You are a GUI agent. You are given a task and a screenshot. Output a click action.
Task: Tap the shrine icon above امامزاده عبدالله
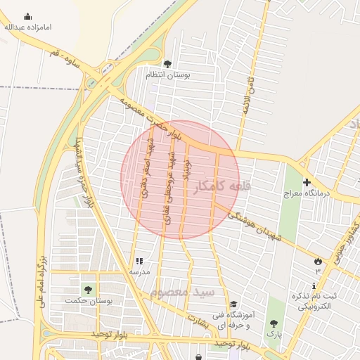[x=27, y=16]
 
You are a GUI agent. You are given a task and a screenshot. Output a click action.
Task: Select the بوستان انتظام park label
[x=165, y=75]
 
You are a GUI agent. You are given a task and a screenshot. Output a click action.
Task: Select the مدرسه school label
[x=139, y=271]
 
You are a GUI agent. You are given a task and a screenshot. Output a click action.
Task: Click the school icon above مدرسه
[x=139, y=261]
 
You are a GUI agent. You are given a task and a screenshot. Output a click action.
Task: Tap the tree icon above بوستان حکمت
[x=88, y=290]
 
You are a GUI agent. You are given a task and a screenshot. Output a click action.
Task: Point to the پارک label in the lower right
[x=274, y=335]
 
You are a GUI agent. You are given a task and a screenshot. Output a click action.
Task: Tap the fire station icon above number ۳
[x=317, y=261]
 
